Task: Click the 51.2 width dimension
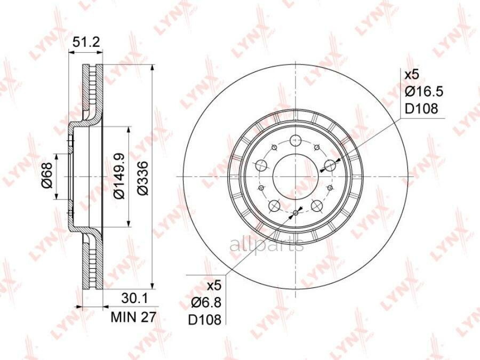click(85, 42)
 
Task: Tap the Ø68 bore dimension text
click(47, 175)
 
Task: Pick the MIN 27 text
click(133, 317)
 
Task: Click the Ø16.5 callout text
click(424, 92)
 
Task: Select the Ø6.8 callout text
click(206, 303)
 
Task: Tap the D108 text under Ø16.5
click(421, 108)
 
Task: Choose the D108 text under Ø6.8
click(204, 320)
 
